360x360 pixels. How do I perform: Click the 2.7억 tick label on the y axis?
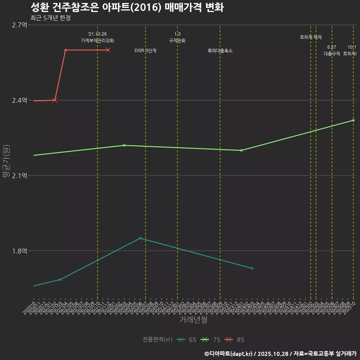tap(19, 25)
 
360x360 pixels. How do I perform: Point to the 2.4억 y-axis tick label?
tap(19, 100)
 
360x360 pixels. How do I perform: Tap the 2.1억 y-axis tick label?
tap(19, 176)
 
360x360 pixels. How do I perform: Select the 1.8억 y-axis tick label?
tap(19, 251)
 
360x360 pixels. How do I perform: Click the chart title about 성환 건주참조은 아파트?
tap(127, 7)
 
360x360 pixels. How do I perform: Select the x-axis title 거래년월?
tap(193, 320)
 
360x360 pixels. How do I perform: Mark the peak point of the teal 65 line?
tap(140, 238)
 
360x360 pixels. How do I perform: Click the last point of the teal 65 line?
tap(252, 268)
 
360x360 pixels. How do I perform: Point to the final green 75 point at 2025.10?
tap(353, 120)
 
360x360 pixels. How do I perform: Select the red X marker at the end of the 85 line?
tap(108, 50)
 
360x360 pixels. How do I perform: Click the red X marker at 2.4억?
tap(55, 100)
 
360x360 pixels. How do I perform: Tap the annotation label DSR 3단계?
tap(145, 51)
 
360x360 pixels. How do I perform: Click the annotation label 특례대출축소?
tap(220, 51)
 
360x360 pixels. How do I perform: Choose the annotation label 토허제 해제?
tap(311, 37)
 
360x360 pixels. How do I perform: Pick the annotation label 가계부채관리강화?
tap(97, 40)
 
